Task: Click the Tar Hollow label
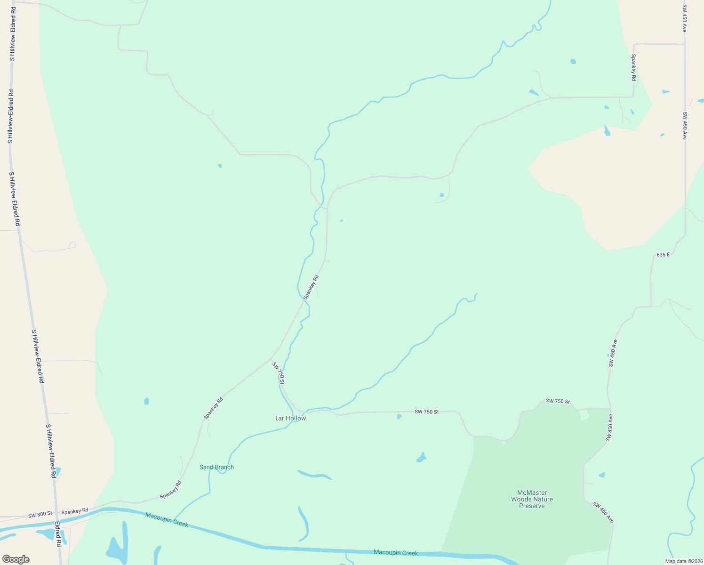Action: (x=290, y=418)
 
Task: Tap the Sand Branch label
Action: (x=216, y=467)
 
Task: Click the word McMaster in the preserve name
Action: (x=529, y=493)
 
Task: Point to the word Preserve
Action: (x=532, y=506)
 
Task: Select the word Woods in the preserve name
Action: (x=521, y=500)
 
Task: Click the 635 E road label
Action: (x=663, y=255)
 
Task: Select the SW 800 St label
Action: (x=40, y=515)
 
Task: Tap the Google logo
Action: (x=16, y=559)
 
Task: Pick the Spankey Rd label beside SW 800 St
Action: (x=74, y=511)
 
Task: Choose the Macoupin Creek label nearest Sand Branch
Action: (x=167, y=520)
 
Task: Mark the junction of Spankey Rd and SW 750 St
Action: (x=271, y=359)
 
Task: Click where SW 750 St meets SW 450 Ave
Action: (x=610, y=409)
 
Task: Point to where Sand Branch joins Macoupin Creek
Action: (x=174, y=519)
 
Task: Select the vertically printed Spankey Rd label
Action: (x=634, y=68)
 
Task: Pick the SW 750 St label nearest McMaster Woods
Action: (x=558, y=401)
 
